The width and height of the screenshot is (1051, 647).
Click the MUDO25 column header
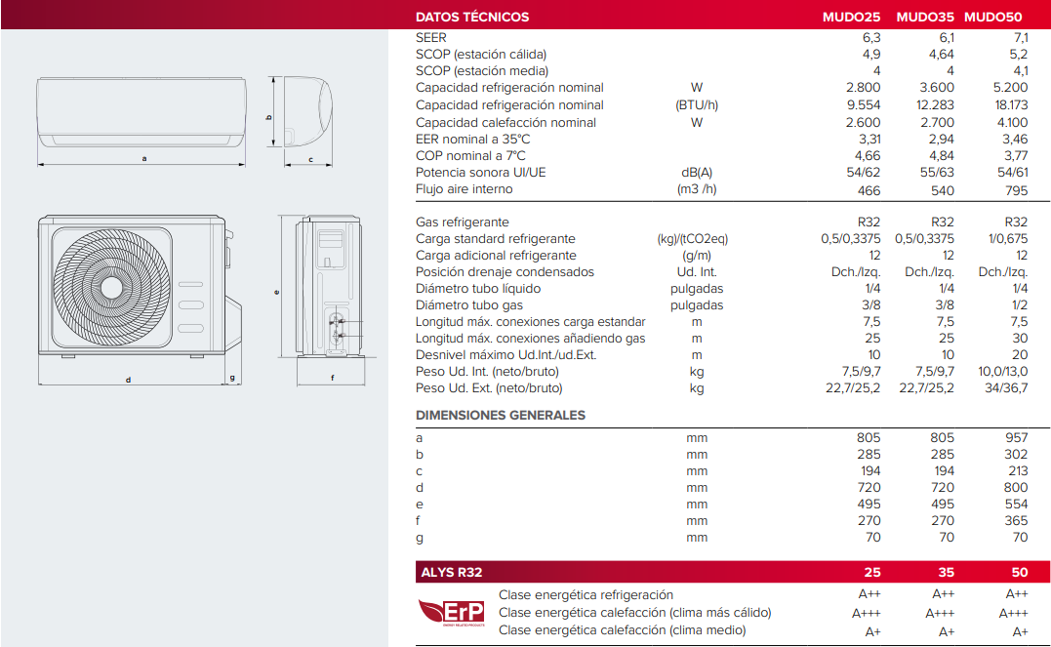click(x=851, y=17)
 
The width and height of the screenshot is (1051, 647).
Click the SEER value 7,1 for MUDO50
click(x=1020, y=37)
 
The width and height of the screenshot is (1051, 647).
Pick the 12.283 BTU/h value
click(x=935, y=105)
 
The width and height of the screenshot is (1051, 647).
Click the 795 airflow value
click(x=1016, y=189)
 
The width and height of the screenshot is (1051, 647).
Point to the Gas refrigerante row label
click(x=463, y=222)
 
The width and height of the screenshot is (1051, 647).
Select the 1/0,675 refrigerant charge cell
click(x=1008, y=239)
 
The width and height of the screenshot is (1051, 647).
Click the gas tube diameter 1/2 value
click(x=1020, y=305)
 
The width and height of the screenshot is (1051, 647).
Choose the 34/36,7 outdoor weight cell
click(x=1006, y=388)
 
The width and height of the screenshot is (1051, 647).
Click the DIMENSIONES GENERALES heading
click(x=501, y=415)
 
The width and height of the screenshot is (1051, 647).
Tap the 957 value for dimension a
click(x=1016, y=438)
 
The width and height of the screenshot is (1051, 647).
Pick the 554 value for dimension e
click(x=1016, y=505)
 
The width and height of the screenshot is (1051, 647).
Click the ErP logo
click(x=451, y=612)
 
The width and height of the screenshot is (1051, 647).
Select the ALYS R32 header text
click(x=450, y=573)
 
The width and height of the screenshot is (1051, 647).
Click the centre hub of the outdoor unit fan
click(x=112, y=287)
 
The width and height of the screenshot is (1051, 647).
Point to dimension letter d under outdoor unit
click(x=128, y=379)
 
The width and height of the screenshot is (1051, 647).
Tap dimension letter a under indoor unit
click(x=144, y=158)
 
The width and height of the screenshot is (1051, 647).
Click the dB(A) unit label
click(x=697, y=173)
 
